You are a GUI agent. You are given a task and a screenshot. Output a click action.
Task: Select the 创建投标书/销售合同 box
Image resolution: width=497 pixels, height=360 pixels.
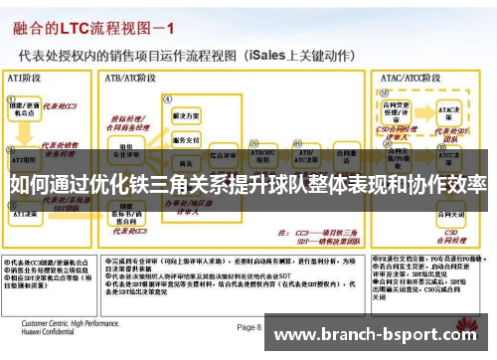click(126, 213)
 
